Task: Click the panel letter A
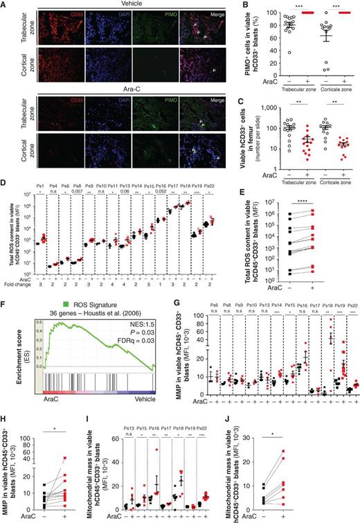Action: (x=4, y=5)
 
